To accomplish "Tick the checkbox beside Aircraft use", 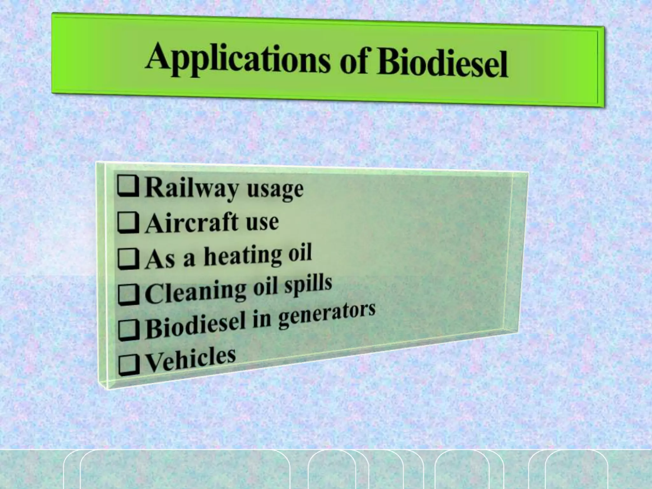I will [128, 223].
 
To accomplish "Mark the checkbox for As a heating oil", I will [128, 259].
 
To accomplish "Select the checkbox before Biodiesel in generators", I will [129, 330].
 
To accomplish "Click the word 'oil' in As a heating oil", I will [300, 253].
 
